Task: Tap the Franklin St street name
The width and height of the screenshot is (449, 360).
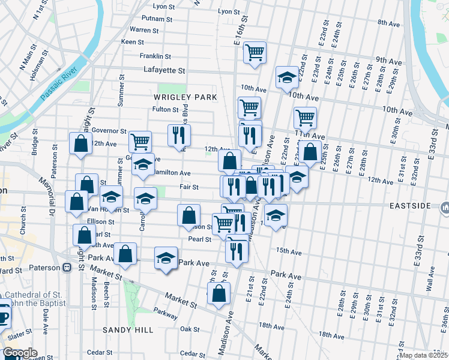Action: pyautogui.click(x=155, y=56)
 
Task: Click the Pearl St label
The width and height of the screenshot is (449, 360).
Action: pyautogui.click(x=200, y=239)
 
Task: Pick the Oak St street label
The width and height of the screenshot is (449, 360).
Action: pyautogui.click(x=190, y=329)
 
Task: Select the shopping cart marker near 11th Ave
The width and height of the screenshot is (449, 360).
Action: pyautogui.click(x=305, y=117)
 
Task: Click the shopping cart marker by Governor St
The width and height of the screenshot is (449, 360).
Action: pyautogui.click(x=140, y=142)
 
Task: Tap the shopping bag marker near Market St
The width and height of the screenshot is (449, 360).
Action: pyautogui.click(x=218, y=293)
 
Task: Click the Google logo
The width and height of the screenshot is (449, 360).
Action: pyautogui.click(x=20, y=353)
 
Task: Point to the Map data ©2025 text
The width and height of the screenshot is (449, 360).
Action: pyautogui.click(x=423, y=355)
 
